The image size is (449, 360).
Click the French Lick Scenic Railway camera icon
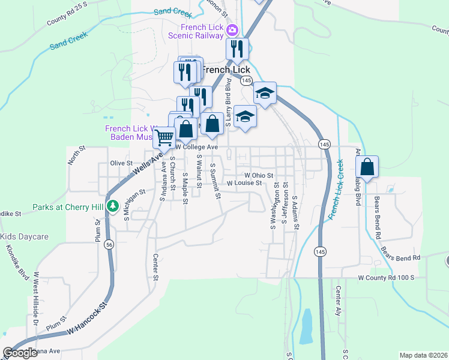pyautogui.click(x=232, y=29)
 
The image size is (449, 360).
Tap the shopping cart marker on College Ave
pyautogui.click(x=164, y=137)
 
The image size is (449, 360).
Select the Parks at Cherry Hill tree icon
pyautogui.click(x=112, y=206)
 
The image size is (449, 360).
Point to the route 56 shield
pyautogui.click(x=109, y=244)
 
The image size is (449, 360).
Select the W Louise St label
pyautogui.click(x=244, y=183)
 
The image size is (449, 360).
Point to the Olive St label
pyautogui.click(x=121, y=163)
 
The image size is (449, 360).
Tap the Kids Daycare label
pyautogui.click(x=24, y=236)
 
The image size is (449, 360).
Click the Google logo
pyautogui.click(x=20, y=353)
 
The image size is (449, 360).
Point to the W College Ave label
pyautogui.click(x=196, y=146)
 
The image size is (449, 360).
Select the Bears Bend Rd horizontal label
pyautogui.click(x=400, y=257)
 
